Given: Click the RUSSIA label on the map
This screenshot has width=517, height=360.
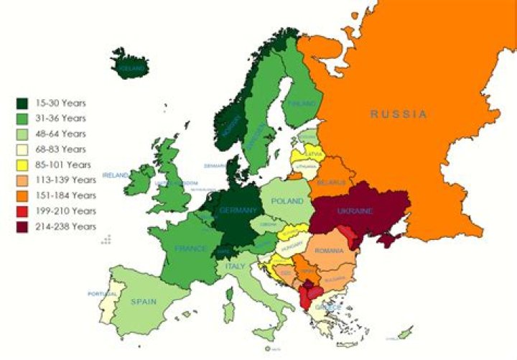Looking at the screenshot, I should pyautogui.click(x=399, y=114).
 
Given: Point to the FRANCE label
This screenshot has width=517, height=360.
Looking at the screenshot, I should pyautogui.click(x=190, y=249).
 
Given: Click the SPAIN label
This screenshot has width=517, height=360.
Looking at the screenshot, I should pyautogui.click(x=143, y=302).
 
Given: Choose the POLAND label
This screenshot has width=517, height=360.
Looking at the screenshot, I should pyautogui.click(x=288, y=201).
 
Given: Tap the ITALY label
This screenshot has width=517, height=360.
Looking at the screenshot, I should pyautogui.click(x=236, y=266).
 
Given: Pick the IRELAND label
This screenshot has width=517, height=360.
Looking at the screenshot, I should pyautogui.click(x=116, y=175).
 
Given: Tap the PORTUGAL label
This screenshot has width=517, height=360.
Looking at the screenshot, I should pyautogui.click(x=101, y=294).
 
